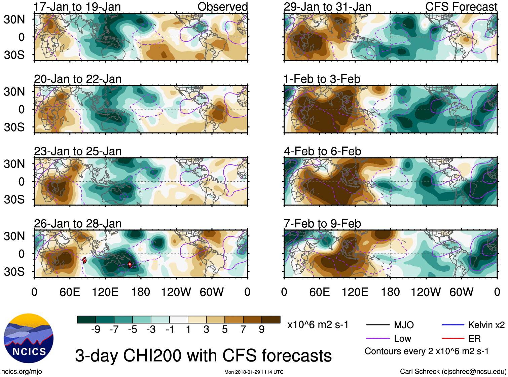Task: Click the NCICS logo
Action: pos(29,338)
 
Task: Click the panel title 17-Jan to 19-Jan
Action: pos(77,7)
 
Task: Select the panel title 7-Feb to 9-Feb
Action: pos(322,224)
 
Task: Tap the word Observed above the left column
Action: pos(222,7)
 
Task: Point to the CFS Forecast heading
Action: pos(461,7)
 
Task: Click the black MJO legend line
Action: pos(378,325)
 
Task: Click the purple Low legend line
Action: pos(378,338)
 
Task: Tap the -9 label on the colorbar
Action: pos(96,330)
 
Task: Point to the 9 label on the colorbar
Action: pos(262,330)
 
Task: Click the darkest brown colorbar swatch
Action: pos(271,319)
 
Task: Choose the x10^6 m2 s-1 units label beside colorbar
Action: pos(318,325)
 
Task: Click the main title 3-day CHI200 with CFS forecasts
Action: pos(203,355)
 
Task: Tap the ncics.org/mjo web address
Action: pos(22,371)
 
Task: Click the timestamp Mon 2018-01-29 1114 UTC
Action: pos(254,372)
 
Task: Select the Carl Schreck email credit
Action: pos(453,371)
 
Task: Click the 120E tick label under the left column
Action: pos(105,292)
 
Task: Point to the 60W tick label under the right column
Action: pos(461,292)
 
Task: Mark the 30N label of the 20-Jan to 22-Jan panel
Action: pos(14,92)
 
